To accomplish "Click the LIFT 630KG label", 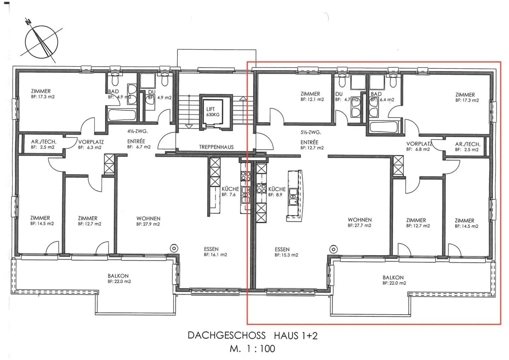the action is pos(213,112).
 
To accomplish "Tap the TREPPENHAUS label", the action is pos(216,147).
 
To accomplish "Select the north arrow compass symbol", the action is pos(41,41).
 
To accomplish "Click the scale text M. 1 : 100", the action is pos(252,349).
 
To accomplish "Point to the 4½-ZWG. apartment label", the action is pos(138,131).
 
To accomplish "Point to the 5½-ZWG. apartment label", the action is pos(311,132).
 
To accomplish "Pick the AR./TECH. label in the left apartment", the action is pos(43,142).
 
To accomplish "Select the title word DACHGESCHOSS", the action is pos(227,336).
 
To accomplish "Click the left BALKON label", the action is pos(118,276).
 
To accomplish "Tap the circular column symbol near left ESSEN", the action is pos(174,248).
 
